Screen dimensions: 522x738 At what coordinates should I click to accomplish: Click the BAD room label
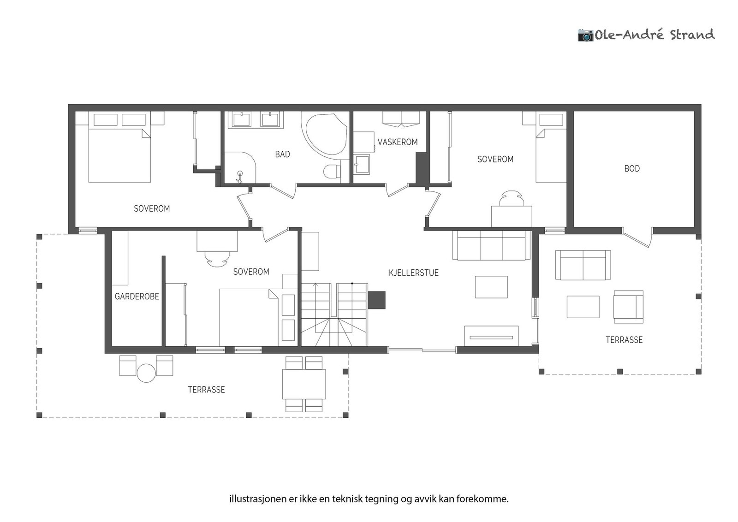pos(282,154)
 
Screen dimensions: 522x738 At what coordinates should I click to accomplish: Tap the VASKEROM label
pos(398,142)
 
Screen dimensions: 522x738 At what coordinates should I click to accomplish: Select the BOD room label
pos(632,169)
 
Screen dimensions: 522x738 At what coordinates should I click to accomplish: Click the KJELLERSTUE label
pos(413,273)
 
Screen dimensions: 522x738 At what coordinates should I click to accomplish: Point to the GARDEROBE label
pos(137,297)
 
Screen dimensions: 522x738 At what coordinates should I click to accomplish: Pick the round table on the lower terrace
pos(147,373)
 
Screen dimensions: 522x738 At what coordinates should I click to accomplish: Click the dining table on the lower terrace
pos(304,384)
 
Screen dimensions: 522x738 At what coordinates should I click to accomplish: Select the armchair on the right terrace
pos(628,307)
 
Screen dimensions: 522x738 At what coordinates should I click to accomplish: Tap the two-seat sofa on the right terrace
pos(583,265)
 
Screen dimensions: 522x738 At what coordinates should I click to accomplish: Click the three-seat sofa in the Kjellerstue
pos(491,245)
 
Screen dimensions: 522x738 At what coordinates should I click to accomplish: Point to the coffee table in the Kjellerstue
pos(491,287)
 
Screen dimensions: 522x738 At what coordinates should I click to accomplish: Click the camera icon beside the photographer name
pos(585,35)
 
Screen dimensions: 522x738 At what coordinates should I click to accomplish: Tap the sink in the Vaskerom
pos(362,165)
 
